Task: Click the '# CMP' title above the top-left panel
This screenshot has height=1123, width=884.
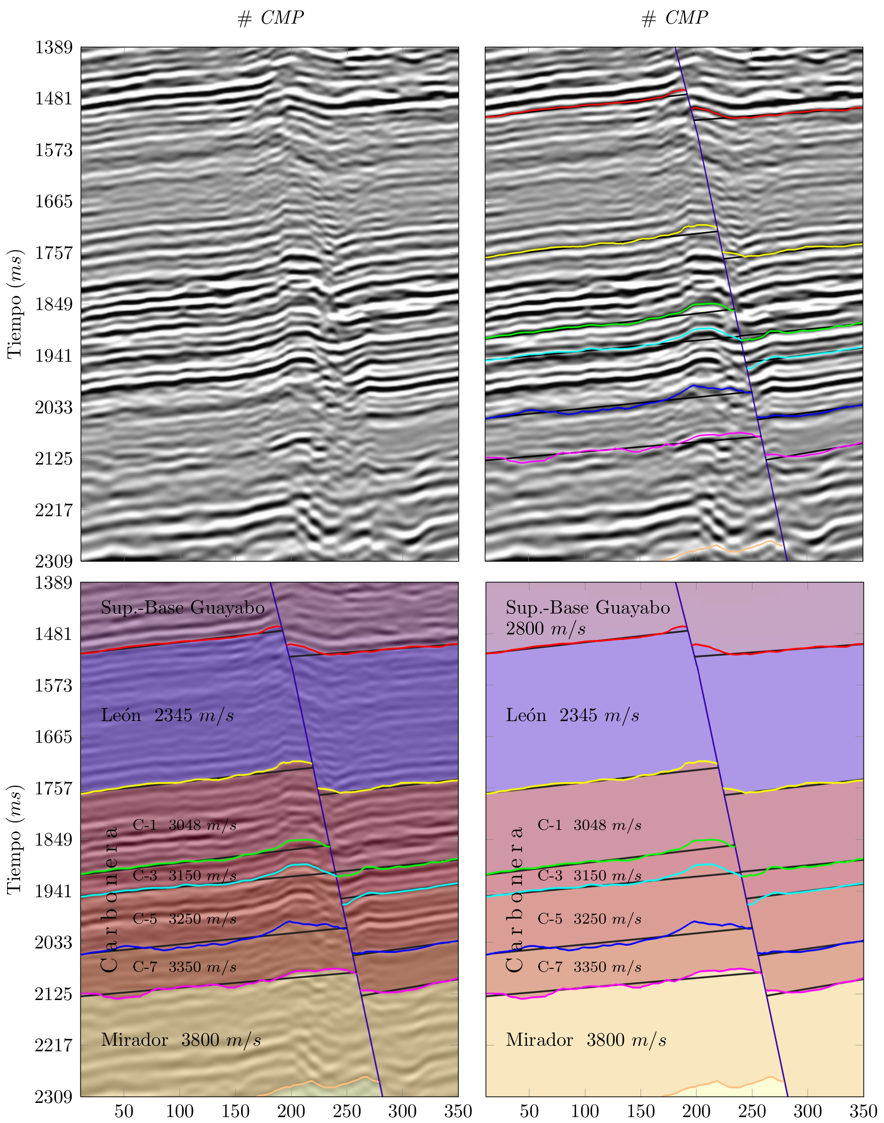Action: tap(270, 19)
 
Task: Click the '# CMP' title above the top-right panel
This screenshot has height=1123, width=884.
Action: tap(674, 19)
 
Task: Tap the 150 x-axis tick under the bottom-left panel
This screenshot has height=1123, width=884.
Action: tap(236, 1111)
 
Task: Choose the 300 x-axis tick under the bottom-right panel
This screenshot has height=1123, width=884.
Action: tap(808, 1111)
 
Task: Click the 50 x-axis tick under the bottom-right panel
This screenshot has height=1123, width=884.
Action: tap(529, 1111)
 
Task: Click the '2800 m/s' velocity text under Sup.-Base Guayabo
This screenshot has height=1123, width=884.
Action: tap(546, 629)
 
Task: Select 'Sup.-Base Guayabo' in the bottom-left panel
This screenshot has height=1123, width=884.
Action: tap(183, 608)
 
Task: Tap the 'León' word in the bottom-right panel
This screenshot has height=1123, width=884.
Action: tap(526, 716)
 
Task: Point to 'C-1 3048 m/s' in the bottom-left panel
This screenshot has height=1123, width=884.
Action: tap(185, 825)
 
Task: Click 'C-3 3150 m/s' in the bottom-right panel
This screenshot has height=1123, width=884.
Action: tap(589, 876)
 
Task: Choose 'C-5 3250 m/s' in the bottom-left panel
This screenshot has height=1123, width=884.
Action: tap(185, 919)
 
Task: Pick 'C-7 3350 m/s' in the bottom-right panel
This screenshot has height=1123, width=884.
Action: tap(589, 967)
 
